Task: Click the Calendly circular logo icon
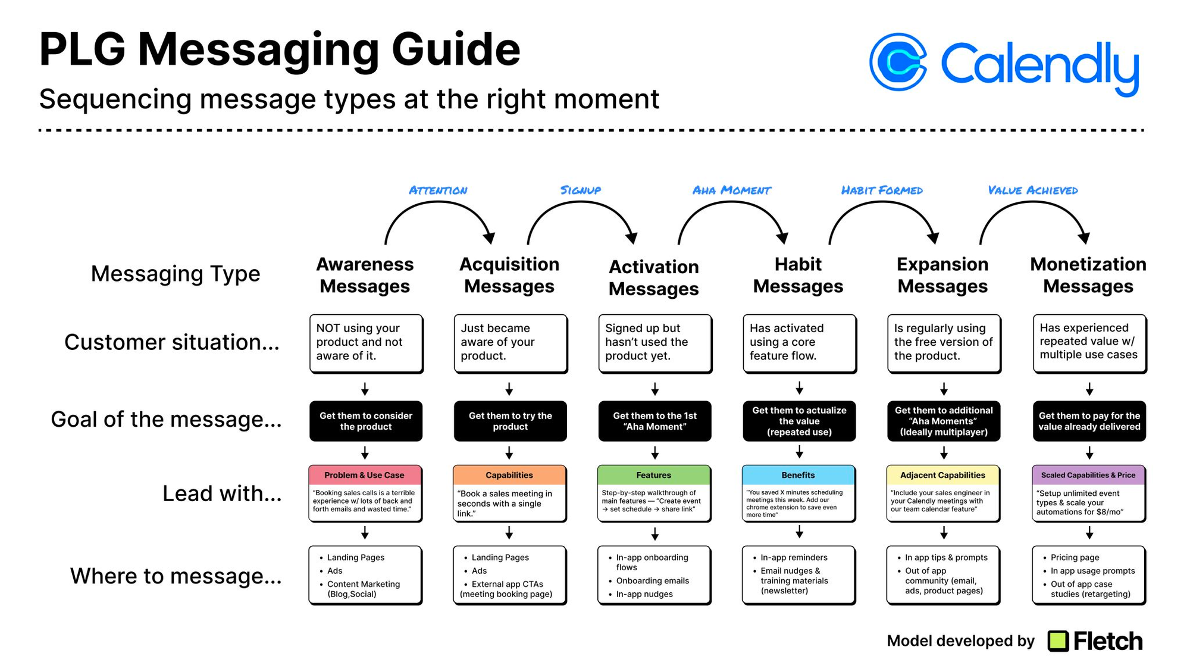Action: click(x=898, y=62)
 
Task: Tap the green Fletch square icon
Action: click(x=1058, y=641)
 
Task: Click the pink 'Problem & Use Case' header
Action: click(x=365, y=475)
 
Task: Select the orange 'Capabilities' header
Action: click(x=509, y=475)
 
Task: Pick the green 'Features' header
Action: click(x=654, y=475)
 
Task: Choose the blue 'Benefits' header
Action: click(x=798, y=475)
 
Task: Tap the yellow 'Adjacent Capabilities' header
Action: click(x=943, y=475)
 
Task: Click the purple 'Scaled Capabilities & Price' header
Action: click(x=1088, y=475)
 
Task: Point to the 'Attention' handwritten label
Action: click(x=438, y=190)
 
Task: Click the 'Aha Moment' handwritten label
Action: click(x=732, y=190)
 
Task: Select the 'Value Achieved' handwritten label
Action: click(x=1033, y=190)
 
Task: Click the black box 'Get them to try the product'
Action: click(x=510, y=421)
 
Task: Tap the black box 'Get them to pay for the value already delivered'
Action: click(x=1089, y=421)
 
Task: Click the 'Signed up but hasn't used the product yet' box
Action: click(x=655, y=343)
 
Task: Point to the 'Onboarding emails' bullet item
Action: click(x=652, y=581)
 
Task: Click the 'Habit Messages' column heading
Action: click(x=798, y=275)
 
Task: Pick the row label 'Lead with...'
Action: click(x=222, y=493)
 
